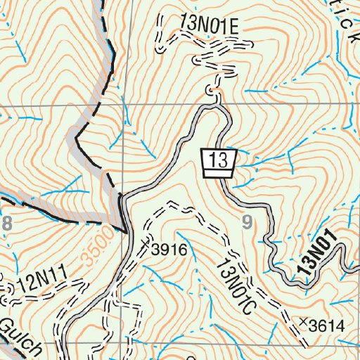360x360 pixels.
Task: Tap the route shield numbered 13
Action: pos(218,163)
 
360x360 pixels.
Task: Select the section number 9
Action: pos(246,223)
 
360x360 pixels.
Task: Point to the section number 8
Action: pos(8,224)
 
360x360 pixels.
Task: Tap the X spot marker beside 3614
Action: pos(303,322)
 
